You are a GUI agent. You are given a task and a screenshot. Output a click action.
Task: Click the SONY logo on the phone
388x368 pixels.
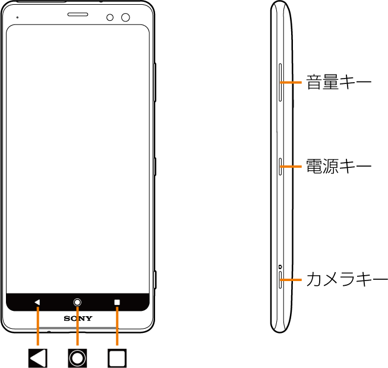point(78,319)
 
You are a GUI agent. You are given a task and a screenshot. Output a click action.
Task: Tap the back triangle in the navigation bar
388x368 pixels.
point(37,302)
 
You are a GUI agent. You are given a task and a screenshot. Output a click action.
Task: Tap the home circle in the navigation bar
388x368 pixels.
point(77,302)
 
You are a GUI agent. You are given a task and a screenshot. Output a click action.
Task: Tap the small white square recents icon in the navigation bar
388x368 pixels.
point(117,302)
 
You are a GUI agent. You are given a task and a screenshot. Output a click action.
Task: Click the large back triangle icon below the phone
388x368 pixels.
point(38,358)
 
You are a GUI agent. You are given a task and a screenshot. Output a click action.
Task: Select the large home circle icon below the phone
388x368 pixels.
point(77,358)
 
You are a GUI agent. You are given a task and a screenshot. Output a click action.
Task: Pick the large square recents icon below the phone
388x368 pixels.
point(117,358)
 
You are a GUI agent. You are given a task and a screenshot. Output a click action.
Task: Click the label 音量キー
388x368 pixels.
point(339,82)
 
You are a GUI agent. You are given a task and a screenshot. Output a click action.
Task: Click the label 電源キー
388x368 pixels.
point(339,166)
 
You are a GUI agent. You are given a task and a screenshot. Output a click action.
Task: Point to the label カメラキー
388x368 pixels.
point(347,279)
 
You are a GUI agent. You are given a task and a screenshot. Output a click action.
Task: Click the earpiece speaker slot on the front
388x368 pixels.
point(78,14)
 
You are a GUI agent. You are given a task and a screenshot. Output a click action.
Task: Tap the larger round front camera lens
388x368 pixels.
point(125,17)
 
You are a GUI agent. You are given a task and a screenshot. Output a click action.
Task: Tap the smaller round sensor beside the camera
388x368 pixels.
point(110,18)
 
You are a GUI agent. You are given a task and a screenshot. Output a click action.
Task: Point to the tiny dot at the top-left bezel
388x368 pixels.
point(17,17)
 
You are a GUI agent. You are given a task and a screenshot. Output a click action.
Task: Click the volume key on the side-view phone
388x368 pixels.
point(280,82)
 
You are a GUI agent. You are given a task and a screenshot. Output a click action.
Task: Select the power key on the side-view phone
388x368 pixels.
point(280,166)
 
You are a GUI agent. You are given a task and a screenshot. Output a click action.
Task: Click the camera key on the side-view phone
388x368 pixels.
point(280,280)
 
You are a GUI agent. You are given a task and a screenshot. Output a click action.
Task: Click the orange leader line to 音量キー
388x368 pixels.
point(291,82)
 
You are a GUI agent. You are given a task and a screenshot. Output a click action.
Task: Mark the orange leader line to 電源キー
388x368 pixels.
point(291,166)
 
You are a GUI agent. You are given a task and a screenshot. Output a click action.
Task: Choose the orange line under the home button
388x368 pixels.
point(77,326)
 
